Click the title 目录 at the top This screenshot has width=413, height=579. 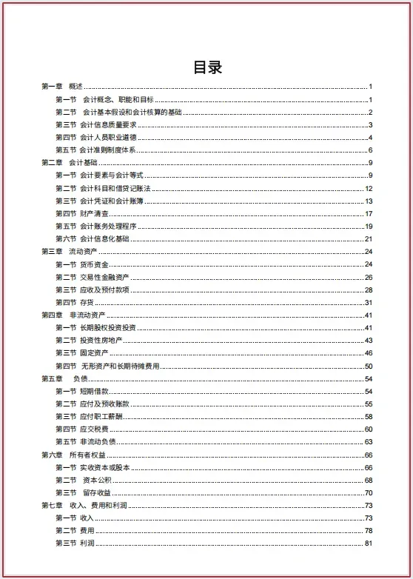[x=207, y=67]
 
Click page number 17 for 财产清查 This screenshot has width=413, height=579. [x=368, y=213]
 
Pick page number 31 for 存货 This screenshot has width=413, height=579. [x=368, y=302]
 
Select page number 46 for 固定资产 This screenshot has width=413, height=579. [x=368, y=353]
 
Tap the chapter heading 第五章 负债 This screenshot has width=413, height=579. [x=66, y=378]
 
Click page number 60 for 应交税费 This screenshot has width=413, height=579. [x=368, y=429]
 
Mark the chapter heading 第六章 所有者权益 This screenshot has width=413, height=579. [x=73, y=455]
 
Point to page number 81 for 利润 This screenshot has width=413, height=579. [x=368, y=543]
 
